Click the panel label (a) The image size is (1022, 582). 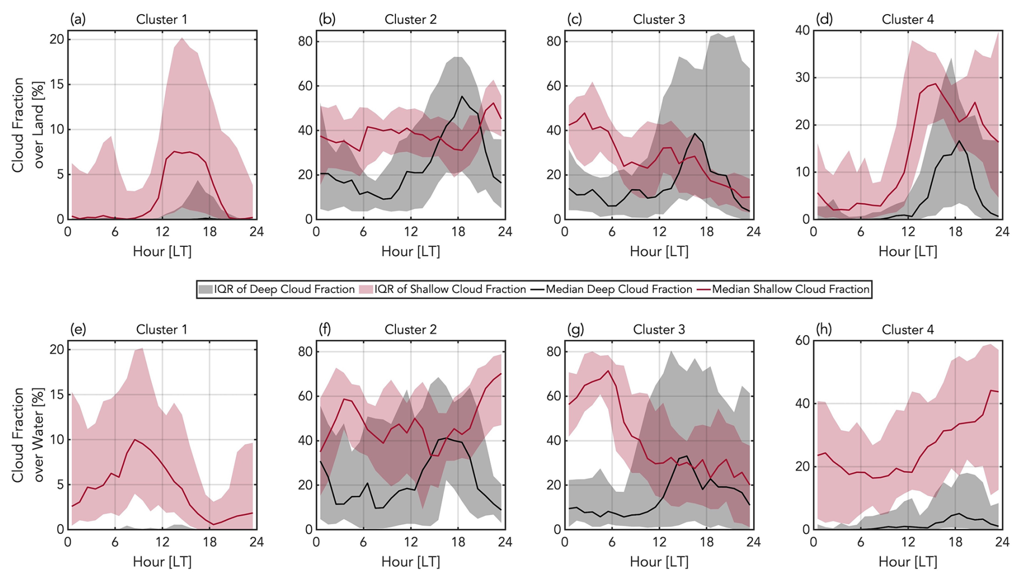point(78,19)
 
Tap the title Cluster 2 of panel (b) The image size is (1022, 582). point(410,19)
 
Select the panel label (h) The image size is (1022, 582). point(823,330)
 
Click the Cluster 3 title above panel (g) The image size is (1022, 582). point(658,330)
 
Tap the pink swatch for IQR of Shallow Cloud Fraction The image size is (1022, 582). point(366,289)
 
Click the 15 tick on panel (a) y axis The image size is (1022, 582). point(57,84)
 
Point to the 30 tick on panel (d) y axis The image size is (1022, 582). point(802,77)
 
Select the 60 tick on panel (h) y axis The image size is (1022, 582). point(802,340)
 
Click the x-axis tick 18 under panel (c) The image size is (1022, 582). point(706,232)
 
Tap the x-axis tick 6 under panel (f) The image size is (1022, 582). point(363,542)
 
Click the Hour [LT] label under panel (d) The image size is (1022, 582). point(907,251)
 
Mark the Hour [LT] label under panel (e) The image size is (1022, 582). point(162,561)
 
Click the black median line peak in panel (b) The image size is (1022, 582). point(462,97)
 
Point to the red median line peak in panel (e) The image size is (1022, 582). point(135,440)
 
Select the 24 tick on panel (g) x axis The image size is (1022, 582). point(753,542)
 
